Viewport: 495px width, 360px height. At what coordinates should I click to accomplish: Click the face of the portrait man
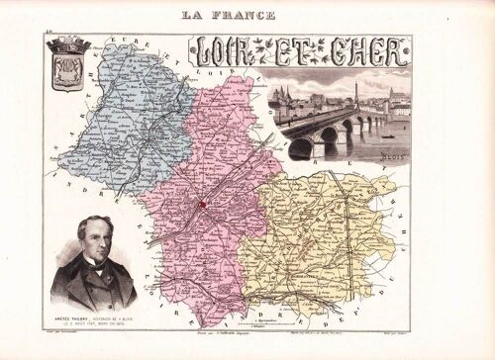95,240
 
